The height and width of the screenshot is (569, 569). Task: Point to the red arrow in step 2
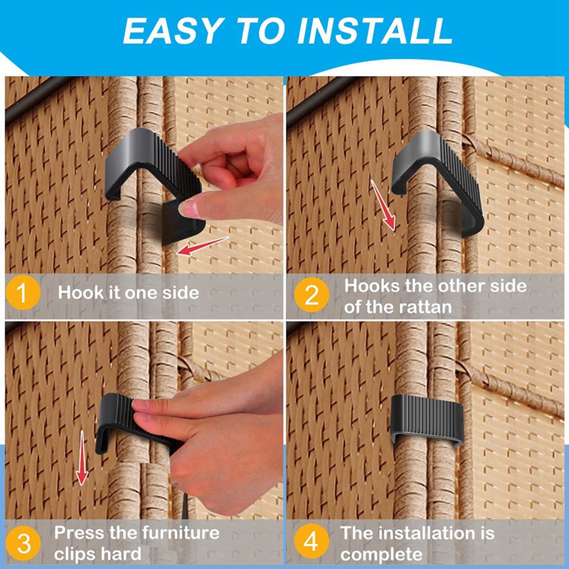tap(382, 204)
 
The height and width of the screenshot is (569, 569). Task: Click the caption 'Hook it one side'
tap(128, 292)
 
